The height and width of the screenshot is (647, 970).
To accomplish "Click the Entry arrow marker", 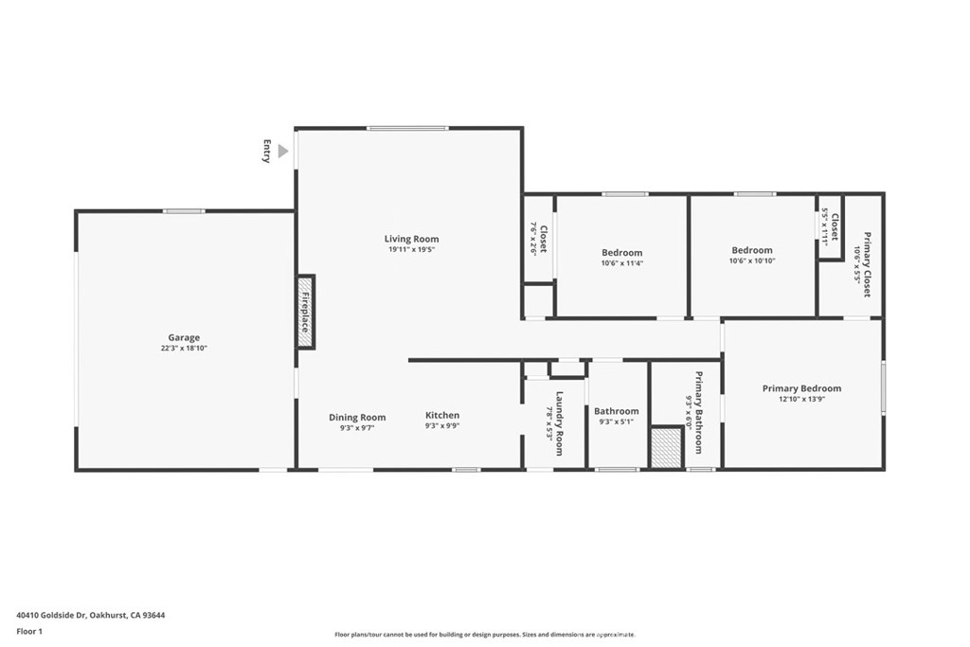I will pyautogui.click(x=282, y=151).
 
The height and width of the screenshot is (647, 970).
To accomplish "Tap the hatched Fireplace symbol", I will pyautogui.click(x=306, y=312).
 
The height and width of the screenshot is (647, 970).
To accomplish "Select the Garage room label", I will pyautogui.click(x=184, y=337).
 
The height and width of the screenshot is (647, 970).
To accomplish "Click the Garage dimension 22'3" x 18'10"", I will pyautogui.click(x=184, y=349).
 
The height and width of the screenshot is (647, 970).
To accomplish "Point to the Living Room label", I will pyautogui.click(x=411, y=239).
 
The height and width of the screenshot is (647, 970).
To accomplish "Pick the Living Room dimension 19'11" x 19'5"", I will pyautogui.click(x=411, y=250).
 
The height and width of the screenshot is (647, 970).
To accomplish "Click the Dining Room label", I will pyautogui.click(x=357, y=417).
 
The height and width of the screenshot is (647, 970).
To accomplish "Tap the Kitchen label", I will pyautogui.click(x=442, y=415).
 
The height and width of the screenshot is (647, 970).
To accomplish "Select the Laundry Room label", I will pyautogui.click(x=560, y=423).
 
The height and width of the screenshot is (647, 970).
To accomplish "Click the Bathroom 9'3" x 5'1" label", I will pyautogui.click(x=617, y=411).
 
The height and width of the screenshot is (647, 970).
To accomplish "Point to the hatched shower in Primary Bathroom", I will pyautogui.click(x=667, y=447).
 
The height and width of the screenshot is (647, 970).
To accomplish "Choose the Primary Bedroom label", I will pyautogui.click(x=801, y=388).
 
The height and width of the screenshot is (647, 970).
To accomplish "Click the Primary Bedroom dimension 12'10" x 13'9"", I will pyautogui.click(x=801, y=400).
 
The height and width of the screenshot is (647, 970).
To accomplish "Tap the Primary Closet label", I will pyautogui.click(x=867, y=264).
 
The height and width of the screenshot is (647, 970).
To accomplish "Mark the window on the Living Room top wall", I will pyautogui.click(x=407, y=128).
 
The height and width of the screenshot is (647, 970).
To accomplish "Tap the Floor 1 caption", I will pyautogui.click(x=29, y=631).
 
